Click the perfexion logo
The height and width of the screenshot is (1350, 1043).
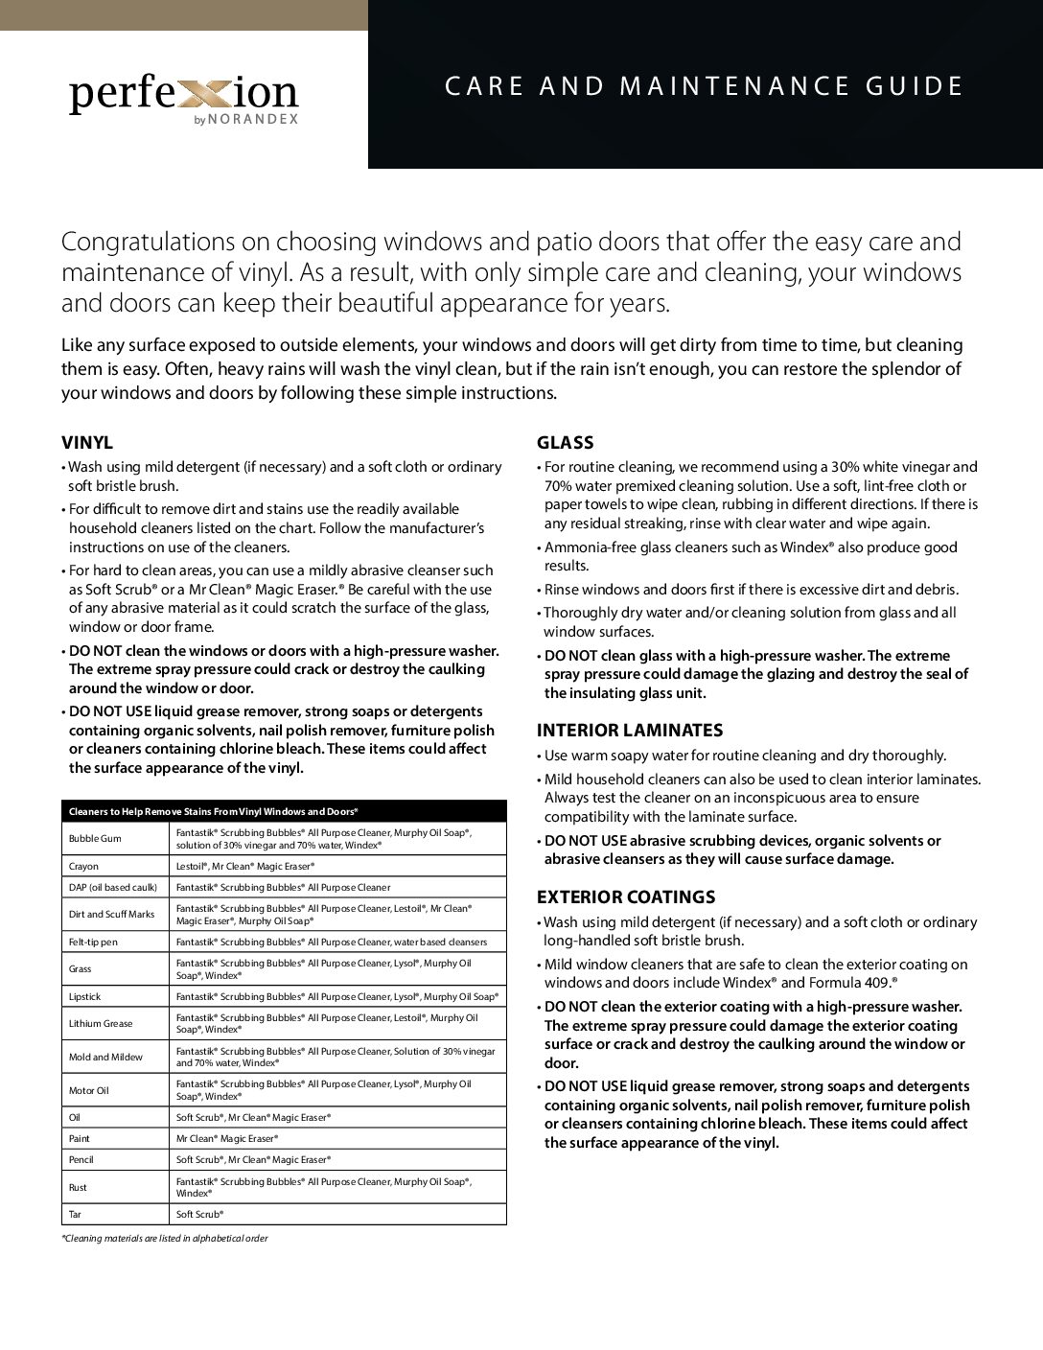tap(183, 94)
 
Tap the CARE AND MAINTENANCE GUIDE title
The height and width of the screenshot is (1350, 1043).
tap(705, 86)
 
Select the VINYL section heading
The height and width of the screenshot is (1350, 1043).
tap(87, 443)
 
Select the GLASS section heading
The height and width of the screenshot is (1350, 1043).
tap(565, 443)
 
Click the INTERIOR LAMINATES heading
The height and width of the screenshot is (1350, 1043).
tap(629, 731)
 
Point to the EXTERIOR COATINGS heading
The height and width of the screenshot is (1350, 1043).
tap(625, 897)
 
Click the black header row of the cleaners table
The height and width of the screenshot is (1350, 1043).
tap(283, 811)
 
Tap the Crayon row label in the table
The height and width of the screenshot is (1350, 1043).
tap(84, 865)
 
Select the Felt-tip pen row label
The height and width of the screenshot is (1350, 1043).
tap(93, 942)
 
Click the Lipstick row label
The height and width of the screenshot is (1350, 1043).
tap(84, 997)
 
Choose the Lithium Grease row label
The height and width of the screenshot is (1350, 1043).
tap(101, 1023)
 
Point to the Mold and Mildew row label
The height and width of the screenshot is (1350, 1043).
tap(105, 1057)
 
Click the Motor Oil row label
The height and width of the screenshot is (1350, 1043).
tap(90, 1090)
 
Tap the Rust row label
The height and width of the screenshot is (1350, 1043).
tap(78, 1187)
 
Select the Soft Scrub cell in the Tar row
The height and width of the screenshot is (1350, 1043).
tap(199, 1214)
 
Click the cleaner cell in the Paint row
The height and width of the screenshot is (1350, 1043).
tap(227, 1138)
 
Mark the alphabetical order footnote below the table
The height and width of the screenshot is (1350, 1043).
tap(164, 1239)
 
